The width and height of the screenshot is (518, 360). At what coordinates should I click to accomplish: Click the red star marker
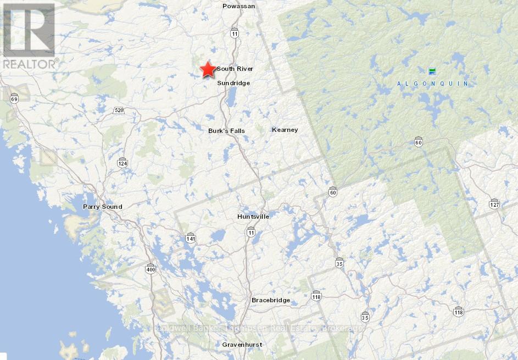[208, 69]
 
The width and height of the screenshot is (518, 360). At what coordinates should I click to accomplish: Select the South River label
[235, 69]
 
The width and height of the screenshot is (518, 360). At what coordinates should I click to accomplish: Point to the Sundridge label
[233, 83]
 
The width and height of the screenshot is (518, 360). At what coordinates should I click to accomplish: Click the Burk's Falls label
[226, 131]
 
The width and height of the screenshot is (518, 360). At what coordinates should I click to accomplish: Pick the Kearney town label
[285, 130]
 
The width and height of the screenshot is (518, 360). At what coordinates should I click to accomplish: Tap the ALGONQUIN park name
[433, 84]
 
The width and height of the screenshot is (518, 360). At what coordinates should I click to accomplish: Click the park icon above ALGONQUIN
[432, 71]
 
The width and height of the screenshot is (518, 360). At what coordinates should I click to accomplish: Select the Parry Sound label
[102, 207]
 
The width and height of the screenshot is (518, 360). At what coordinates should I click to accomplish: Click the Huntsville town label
[253, 217]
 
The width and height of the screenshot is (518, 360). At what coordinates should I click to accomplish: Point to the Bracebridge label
[270, 300]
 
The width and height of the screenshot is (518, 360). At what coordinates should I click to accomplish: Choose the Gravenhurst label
[242, 345]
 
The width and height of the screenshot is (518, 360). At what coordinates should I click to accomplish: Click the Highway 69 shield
[14, 98]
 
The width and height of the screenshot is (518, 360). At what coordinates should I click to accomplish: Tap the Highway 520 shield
[119, 110]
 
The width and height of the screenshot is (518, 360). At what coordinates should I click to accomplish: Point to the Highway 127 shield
[494, 204]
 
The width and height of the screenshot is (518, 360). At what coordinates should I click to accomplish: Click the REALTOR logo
[29, 36]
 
